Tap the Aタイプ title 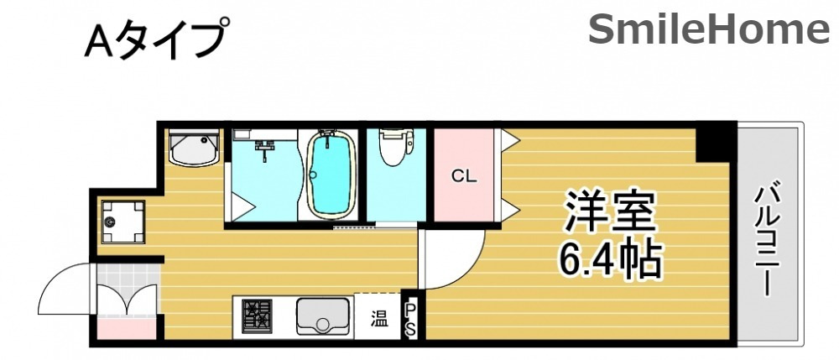pyautogui.click(x=156, y=40)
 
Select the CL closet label pyautogui.click(x=463, y=176)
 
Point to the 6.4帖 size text pyautogui.click(x=611, y=262)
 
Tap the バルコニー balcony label pyautogui.click(x=768, y=238)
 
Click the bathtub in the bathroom pyautogui.click(x=331, y=172)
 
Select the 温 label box pyautogui.click(x=379, y=318)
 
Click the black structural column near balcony pyautogui.click(x=716, y=143)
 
